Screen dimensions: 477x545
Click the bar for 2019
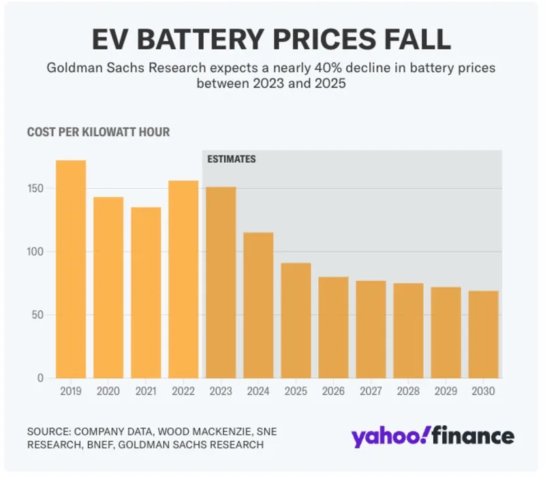tap(71, 269)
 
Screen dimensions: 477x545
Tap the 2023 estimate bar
tap(221, 282)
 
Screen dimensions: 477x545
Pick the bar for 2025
tap(296, 320)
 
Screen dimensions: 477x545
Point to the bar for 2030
tap(484, 335)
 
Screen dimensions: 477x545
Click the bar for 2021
tap(146, 293)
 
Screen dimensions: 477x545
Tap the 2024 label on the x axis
tap(258, 392)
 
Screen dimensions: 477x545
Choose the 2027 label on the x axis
tap(371, 392)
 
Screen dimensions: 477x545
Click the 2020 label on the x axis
tap(108, 392)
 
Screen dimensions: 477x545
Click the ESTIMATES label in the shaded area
tap(232, 159)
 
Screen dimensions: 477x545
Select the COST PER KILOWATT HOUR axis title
tap(98, 132)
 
